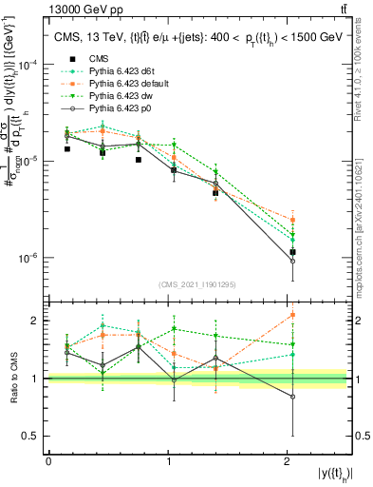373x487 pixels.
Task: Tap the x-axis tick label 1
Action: (169, 461)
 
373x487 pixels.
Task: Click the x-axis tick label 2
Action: (288, 461)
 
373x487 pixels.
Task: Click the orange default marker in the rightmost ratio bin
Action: (292, 315)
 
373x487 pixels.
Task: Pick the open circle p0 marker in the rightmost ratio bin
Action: (292, 397)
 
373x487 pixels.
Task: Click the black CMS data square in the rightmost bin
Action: (292, 252)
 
